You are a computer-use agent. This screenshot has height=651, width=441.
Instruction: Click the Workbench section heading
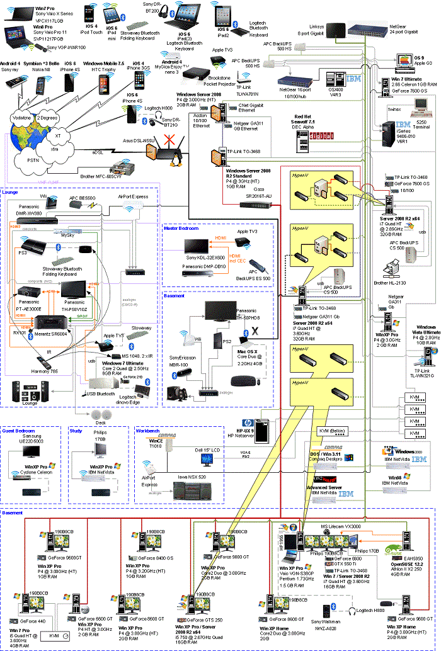pyautogui.click(x=147, y=431)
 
